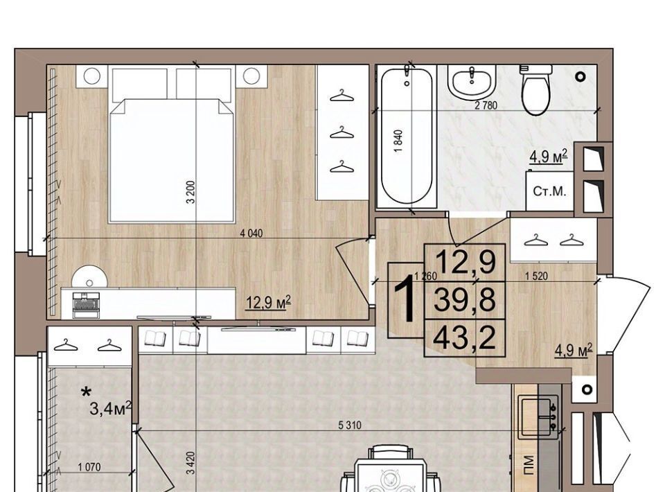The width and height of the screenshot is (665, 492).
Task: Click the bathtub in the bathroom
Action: pyautogui.click(x=407, y=136)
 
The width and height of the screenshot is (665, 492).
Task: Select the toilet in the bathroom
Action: pyautogui.click(x=536, y=89)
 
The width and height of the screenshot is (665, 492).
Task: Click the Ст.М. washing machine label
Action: pyautogui.click(x=549, y=191)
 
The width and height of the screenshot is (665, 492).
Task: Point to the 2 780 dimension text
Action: pyautogui.click(x=486, y=105)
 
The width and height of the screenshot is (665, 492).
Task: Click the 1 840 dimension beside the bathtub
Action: pyautogui.click(x=398, y=141)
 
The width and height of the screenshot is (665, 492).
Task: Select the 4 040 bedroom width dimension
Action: pyautogui.click(x=251, y=234)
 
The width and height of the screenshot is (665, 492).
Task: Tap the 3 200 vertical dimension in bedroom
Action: pyautogui.click(x=191, y=192)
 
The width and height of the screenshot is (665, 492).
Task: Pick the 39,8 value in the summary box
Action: pyautogui.click(x=465, y=299)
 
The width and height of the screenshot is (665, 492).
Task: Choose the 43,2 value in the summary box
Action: pyautogui.click(x=465, y=337)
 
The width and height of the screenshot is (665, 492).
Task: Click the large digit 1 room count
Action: pyautogui.click(x=405, y=299)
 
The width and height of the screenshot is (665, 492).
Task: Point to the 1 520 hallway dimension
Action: pyautogui.click(x=536, y=276)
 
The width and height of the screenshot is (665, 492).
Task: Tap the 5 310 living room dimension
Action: pyautogui.click(x=350, y=425)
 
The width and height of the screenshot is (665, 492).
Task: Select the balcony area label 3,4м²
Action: pyautogui.click(x=111, y=410)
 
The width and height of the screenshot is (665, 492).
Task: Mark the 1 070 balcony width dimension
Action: pyautogui.click(x=89, y=467)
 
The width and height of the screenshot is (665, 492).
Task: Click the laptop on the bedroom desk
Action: pyautogui.click(x=86, y=305)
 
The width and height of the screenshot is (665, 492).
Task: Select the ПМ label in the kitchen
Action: pyautogui.click(x=529, y=465)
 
